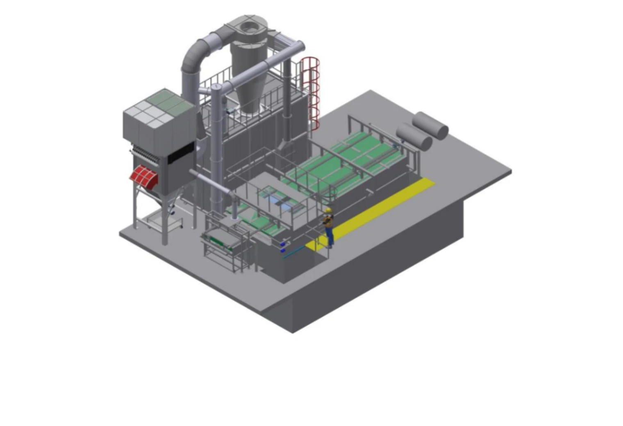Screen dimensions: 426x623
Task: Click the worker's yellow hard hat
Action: tap(328, 210)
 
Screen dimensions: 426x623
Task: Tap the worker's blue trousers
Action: tap(330, 237)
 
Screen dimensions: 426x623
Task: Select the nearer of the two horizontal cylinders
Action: tap(414, 136)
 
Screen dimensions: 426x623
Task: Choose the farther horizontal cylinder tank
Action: tap(430, 125)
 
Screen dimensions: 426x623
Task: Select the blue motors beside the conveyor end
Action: tap(283, 247)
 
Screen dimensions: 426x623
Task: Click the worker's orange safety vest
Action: tap(328, 222)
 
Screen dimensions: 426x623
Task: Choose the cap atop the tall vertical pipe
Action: tap(216, 87)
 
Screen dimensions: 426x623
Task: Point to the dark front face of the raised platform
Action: tap(369, 279)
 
